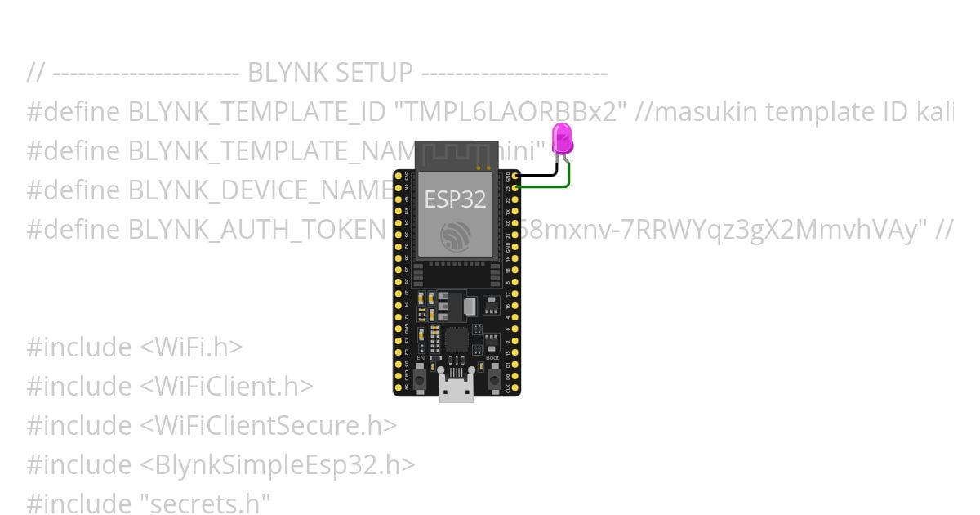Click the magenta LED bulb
tap(562, 140)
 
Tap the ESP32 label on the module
tap(455, 199)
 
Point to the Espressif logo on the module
tap(456, 235)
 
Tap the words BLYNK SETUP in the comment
tap(330, 73)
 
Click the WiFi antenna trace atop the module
tap(456, 154)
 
